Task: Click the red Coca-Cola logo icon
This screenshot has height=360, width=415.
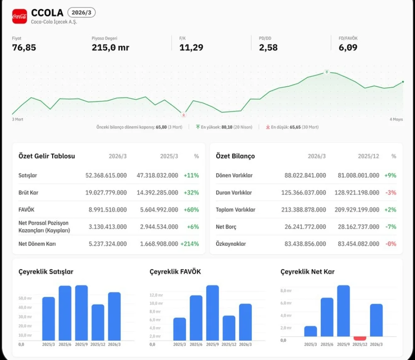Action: [x=20, y=17]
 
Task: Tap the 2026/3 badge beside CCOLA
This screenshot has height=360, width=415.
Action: [x=81, y=12]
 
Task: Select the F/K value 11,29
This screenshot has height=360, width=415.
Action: [x=191, y=47]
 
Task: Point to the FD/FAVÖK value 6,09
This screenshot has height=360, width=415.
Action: [x=348, y=47]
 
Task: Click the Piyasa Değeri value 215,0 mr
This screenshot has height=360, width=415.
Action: [x=110, y=47]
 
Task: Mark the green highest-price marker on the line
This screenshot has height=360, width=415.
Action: [x=327, y=72]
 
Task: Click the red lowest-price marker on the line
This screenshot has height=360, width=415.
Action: [x=183, y=115]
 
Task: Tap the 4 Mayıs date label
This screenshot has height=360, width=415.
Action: [x=396, y=120]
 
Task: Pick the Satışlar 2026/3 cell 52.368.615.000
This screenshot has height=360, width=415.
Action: [x=106, y=175]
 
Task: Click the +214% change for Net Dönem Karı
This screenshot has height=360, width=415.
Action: [x=190, y=244]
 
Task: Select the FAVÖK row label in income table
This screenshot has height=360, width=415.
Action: [x=27, y=210]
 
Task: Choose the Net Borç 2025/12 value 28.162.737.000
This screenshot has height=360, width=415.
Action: [x=359, y=227]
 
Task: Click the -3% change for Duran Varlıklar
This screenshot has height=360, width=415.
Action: [x=391, y=193]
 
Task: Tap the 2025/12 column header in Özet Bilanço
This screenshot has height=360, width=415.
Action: [x=369, y=156]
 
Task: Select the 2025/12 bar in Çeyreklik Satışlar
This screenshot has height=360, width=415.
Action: [x=98, y=322]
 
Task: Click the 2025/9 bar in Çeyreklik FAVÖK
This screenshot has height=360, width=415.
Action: [x=212, y=313]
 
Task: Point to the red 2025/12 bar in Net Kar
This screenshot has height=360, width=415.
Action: [x=360, y=338]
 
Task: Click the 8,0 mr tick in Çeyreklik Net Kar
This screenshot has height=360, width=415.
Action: [x=286, y=291]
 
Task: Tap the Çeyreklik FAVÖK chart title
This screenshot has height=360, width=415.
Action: [x=175, y=272]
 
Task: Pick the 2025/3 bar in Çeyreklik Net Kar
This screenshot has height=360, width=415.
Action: [x=310, y=331]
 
